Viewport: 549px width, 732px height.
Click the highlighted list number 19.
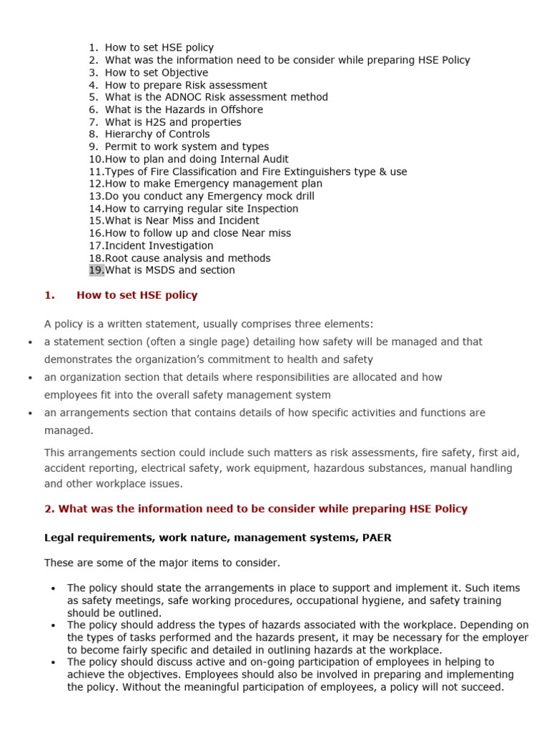point(96,270)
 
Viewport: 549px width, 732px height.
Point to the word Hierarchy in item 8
point(129,134)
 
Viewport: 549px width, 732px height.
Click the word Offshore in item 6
point(239,109)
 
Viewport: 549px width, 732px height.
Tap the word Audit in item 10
point(274,159)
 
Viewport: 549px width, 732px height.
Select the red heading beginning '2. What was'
point(256,509)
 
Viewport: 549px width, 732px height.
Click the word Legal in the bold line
point(59,538)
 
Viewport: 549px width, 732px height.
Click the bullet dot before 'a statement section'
point(30,342)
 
